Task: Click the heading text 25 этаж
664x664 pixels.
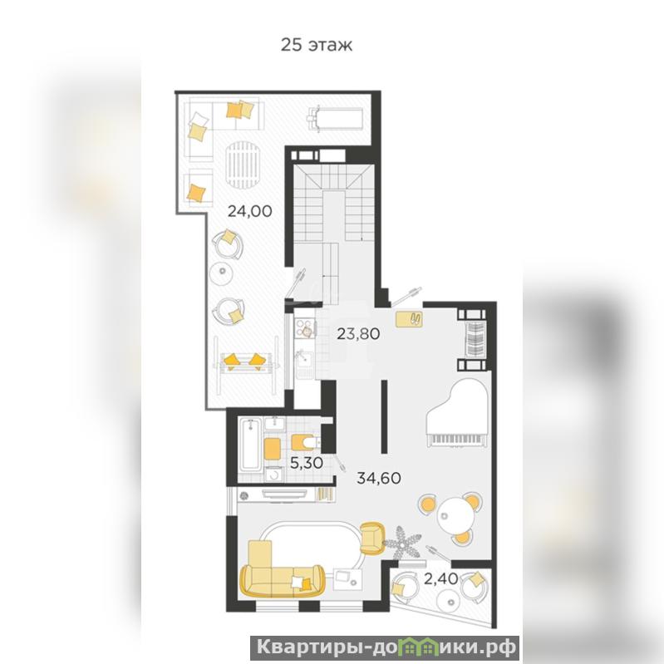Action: coord(317,45)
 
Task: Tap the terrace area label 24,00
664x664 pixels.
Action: coord(250,210)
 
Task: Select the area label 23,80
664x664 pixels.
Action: coord(358,334)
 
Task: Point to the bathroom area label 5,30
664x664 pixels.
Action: coord(307,463)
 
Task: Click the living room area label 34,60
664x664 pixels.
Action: coord(379,478)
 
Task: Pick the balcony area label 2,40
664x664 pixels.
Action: coord(440,578)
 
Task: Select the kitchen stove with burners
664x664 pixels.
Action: coord(305,328)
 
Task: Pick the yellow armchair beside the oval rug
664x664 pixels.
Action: coord(372,538)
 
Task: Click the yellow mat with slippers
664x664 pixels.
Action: coord(409,320)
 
